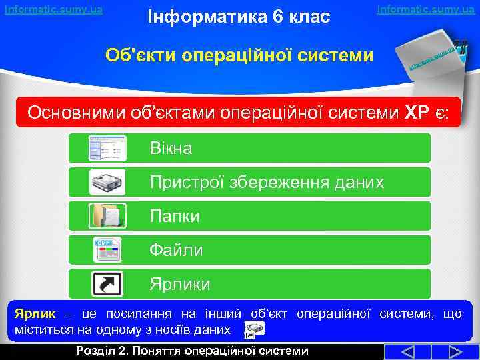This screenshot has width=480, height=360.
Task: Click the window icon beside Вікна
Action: pos(107,148)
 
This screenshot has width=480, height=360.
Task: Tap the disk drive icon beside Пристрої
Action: pos(107,182)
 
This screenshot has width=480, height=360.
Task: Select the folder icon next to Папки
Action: pos(107,216)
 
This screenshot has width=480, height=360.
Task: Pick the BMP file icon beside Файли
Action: pos(107,250)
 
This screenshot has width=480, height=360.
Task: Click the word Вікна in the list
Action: pos(171,148)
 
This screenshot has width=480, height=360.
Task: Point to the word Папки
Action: pos(174,216)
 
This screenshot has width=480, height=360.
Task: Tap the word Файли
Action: pos(176,250)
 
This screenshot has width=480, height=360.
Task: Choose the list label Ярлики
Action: pos(179,284)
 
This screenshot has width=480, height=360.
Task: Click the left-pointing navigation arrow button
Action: pos(400,352)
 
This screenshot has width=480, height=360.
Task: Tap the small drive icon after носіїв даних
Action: pos(254,329)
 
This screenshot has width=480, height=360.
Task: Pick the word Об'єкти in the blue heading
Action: pos(138,55)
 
